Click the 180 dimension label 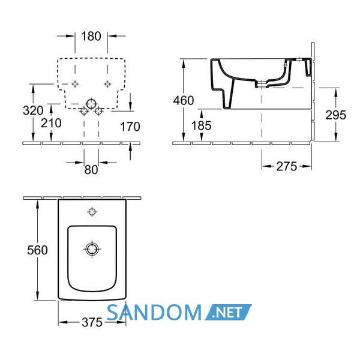91,36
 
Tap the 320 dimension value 33,110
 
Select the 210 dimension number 51,123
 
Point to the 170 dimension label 130,127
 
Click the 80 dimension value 91,170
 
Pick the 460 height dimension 184,100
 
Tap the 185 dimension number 202,125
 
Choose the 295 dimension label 335,115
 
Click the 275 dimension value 287,166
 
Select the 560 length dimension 37,250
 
